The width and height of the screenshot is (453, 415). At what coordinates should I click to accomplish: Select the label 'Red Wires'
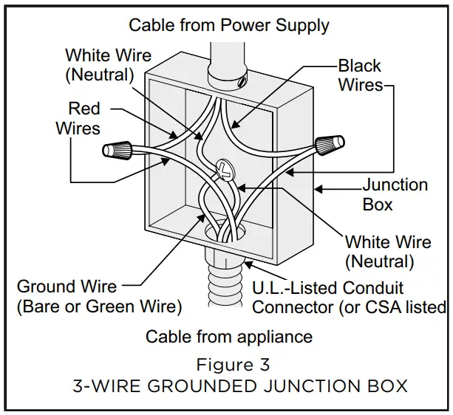pyautogui.click(x=78, y=118)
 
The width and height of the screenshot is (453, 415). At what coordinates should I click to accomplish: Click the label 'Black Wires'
pyautogui.click(x=361, y=75)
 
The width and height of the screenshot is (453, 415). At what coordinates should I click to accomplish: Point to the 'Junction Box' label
pyautogui.click(x=395, y=193)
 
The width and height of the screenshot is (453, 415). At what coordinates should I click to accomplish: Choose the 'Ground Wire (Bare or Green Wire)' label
pyautogui.click(x=99, y=295)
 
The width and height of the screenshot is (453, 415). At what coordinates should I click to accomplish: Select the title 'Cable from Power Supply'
pyautogui.click(x=229, y=24)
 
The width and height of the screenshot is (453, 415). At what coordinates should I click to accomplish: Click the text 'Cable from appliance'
pyautogui.click(x=229, y=337)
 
